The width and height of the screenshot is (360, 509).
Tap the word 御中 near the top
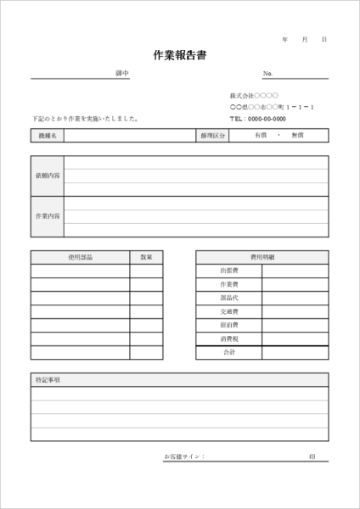tap(122, 74)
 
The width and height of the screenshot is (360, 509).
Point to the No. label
tap(268, 74)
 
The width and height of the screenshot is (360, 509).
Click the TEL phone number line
tap(258, 119)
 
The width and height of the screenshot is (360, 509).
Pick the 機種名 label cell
tap(48, 135)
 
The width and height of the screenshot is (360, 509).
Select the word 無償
tap(297, 135)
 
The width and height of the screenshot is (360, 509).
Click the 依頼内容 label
tap(48, 176)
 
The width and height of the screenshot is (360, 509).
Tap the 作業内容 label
tap(48, 216)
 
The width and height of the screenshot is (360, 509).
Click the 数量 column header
tap(146, 257)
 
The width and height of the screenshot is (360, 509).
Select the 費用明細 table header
tap(262, 257)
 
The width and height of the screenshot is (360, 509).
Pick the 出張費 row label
tap(229, 271)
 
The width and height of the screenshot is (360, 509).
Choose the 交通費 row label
tap(229, 311)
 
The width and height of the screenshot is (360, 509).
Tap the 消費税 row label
tap(229, 338)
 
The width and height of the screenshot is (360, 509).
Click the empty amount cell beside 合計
tap(295, 352)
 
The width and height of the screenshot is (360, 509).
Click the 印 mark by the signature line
tap(312, 457)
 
